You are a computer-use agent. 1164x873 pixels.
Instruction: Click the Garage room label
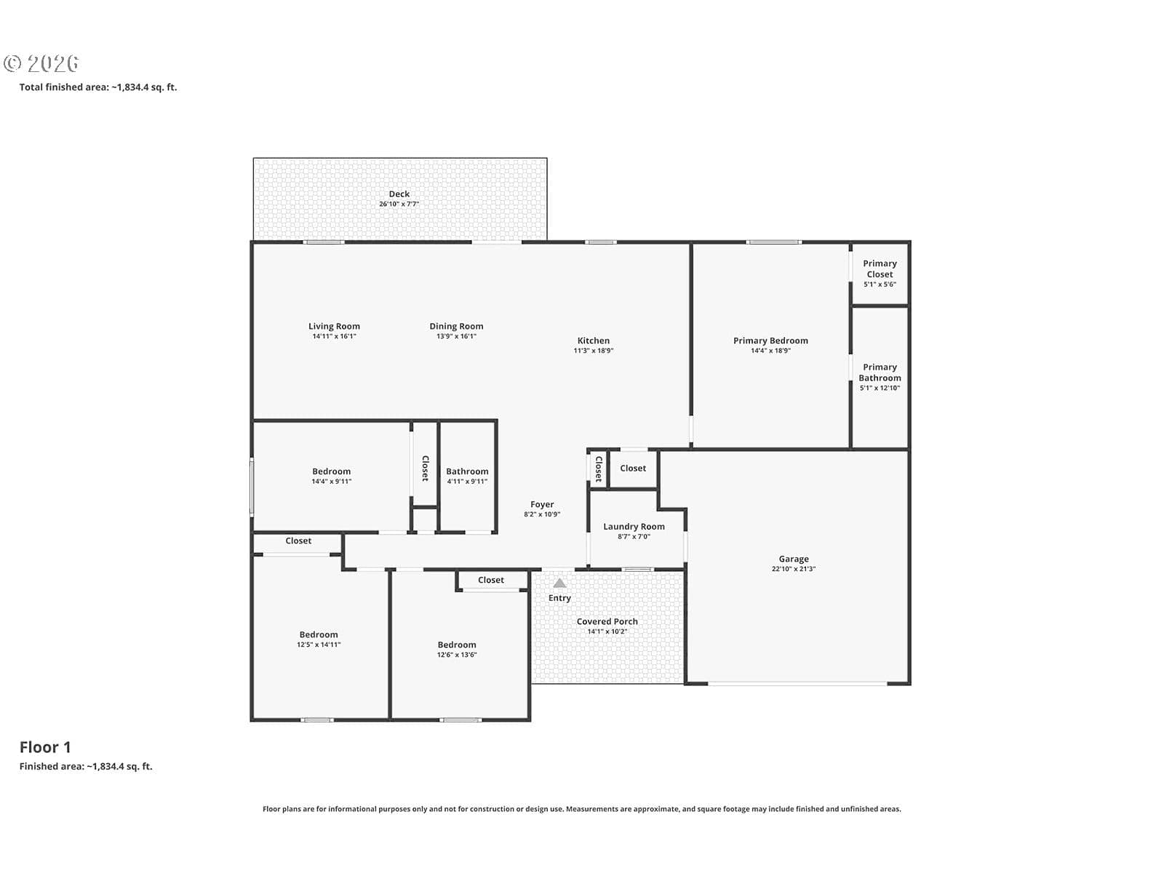point(793,559)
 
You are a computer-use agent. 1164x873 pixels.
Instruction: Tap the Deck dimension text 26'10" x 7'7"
point(399,204)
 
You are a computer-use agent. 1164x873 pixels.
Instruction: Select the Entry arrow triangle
point(559,583)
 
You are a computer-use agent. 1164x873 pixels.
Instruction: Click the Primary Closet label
point(880,268)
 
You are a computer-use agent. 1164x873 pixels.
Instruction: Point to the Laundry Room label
point(634,526)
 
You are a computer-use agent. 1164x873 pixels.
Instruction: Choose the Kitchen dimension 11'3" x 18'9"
point(594,351)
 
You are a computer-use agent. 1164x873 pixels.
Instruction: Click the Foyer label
point(542,505)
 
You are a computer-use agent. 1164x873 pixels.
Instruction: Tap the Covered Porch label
point(607,621)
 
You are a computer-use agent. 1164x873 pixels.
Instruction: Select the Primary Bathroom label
point(880,372)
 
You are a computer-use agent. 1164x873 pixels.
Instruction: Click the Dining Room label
point(456,327)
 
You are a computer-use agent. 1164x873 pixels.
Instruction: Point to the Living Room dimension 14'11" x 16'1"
point(334,336)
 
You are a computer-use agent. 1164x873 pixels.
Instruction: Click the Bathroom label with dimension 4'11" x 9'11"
point(467,471)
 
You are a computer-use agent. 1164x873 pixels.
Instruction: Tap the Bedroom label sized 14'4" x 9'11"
point(332,471)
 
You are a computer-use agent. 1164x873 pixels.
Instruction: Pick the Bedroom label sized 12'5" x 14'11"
point(319,634)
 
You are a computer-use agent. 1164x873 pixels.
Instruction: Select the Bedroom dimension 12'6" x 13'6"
point(457,655)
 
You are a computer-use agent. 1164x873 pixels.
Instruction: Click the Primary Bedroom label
point(770,340)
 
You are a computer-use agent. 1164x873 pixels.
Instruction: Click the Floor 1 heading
point(45,747)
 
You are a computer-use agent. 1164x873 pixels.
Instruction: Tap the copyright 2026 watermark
point(41,63)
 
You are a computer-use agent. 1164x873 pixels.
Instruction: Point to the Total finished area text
point(98,87)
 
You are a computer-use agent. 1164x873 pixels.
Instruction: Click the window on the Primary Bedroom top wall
point(774,242)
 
